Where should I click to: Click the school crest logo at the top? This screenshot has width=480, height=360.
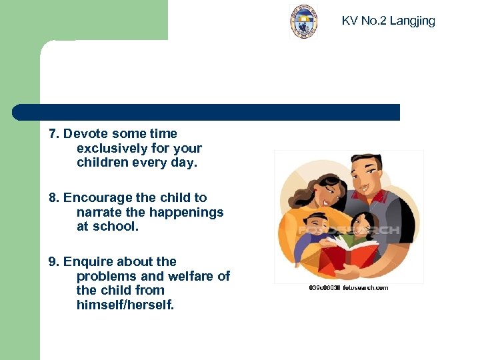coord(304,22)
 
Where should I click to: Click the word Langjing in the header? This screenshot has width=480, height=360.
coord(412,21)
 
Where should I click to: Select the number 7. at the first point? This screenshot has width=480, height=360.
coord(54,134)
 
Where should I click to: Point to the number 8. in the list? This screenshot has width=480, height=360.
coord(54,198)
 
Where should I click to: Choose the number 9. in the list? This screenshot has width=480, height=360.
coord(54,262)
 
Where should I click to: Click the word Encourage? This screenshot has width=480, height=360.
coord(94,198)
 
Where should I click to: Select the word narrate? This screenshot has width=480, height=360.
coord(99,213)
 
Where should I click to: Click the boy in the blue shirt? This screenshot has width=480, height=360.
coord(313,237)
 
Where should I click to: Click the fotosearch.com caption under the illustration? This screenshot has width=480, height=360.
coord(349,287)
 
